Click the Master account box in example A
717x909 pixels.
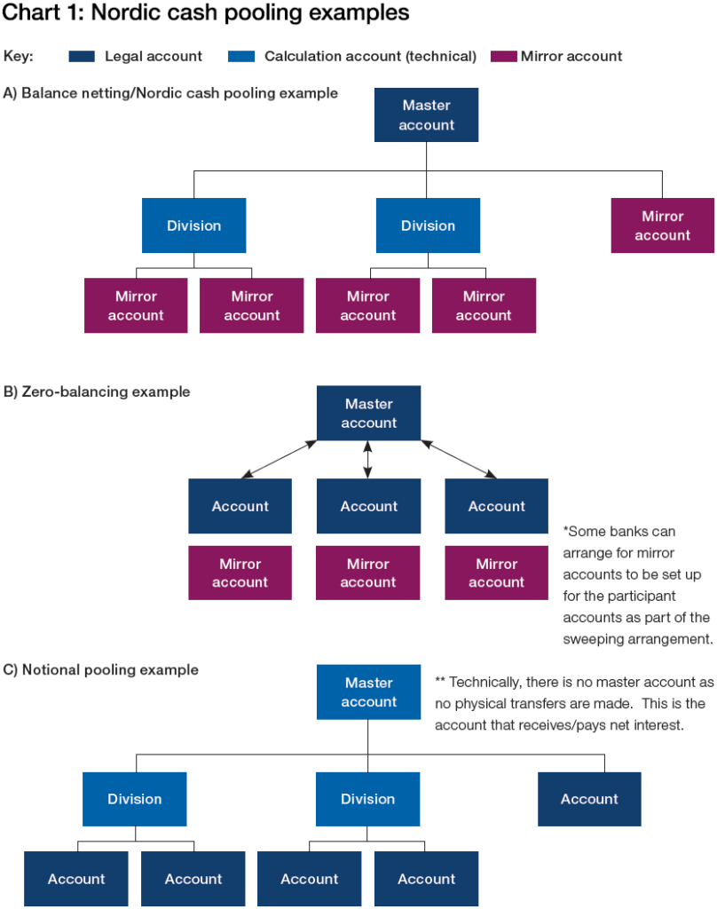[426, 115]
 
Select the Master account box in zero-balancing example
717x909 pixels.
[368, 414]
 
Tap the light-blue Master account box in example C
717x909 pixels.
[368, 692]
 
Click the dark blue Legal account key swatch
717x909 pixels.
[82, 56]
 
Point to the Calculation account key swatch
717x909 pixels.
[241, 56]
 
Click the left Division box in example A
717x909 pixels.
[193, 225]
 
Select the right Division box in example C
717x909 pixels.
[367, 799]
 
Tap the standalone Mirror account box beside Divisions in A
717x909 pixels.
[662, 225]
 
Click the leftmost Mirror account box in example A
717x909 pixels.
[136, 305]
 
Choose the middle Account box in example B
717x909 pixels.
[368, 506]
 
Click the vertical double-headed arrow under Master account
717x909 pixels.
[368, 460]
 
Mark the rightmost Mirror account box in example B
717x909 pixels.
[496, 573]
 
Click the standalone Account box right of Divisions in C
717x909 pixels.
[589, 799]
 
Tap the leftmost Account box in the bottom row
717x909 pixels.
[76, 879]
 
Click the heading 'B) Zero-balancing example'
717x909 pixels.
[97, 391]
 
